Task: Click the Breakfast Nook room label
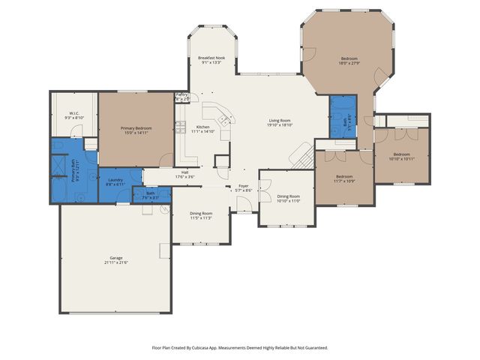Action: tap(211, 58)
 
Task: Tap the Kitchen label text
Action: tap(202, 127)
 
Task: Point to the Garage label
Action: tap(115, 257)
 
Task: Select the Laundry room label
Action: tap(115, 179)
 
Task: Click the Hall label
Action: tap(184, 172)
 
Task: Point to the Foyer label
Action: tap(244, 185)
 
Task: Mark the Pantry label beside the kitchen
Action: tap(181, 94)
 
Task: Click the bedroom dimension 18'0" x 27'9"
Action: tap(349, 63)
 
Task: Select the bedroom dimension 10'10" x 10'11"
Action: tap(402, 158)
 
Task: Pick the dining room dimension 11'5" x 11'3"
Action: tap(200, 217)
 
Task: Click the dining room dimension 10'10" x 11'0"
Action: tap(289, 201)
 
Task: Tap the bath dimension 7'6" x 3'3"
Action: tap(151, 197)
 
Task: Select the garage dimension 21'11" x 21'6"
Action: tap(115, 262)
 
